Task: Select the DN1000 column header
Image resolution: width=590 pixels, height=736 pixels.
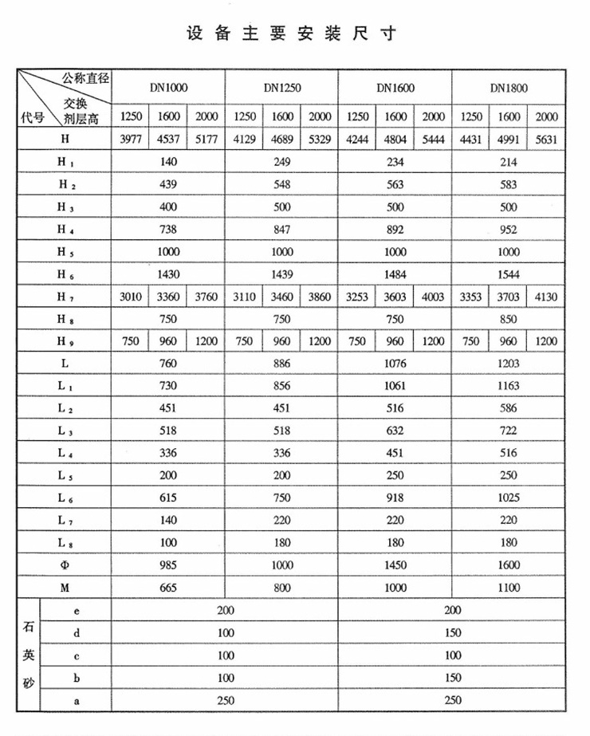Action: click(x=168, y=88)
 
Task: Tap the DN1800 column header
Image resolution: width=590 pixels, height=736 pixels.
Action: click(x=509, y=88)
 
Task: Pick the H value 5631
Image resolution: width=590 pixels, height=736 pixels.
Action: click(x=546, y=140)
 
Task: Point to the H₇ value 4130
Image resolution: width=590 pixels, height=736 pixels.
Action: click(x=546, y=297)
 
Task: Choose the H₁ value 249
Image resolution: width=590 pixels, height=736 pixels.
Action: click(x=282, y=162)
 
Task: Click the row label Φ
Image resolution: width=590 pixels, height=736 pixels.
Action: click(x=65, y=565)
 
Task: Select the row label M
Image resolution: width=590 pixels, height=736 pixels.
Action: click(x=65, y=588)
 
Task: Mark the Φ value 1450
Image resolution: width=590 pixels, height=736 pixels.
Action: click(x=395, y=565)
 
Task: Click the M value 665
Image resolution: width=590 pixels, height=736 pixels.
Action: click(x=168, y=588)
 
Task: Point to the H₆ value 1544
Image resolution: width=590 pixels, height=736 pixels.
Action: click(x=509, y=274)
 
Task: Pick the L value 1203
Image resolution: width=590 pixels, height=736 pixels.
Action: click(x=509, y=364)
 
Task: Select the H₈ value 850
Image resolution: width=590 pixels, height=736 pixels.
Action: click(x=509, y=319)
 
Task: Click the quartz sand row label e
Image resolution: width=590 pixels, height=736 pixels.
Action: click(x=76, y=610)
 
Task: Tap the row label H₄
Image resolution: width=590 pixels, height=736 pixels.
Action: click(x=65, y=230)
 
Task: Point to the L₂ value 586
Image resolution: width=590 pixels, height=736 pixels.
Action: click(x=509, y=408)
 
